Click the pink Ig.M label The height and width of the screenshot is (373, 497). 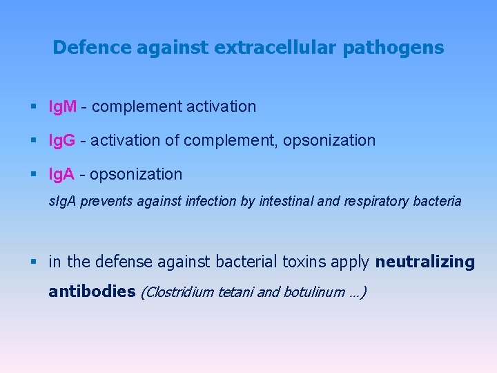click(63, 107)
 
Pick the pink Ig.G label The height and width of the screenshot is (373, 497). click(62, 141)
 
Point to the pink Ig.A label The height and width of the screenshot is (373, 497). click(62, 175)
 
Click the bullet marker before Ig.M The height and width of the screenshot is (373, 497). click(35, 107)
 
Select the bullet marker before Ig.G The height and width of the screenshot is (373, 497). click(35, 141)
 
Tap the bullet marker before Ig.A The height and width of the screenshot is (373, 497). click(35, 175)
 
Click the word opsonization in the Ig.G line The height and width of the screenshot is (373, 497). click(333, 141)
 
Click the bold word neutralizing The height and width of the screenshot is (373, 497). click(425, 262)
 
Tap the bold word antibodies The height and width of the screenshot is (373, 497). click(92, 291)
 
